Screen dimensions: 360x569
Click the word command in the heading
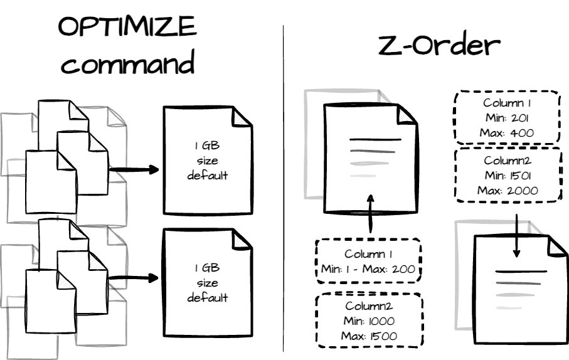(x=127, y=64)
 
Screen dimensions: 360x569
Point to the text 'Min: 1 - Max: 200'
(x=367, y=270)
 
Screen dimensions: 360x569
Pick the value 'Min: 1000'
(x=368, y=321)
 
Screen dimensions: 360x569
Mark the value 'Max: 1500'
(x=368, y=336)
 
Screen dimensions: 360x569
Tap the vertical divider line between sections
(x=284, y=188)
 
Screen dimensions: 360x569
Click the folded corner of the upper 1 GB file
(x=242, y=118)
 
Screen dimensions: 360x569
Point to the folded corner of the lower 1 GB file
(x=242, y=240)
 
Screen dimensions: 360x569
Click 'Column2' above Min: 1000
(x=368, y=306)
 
